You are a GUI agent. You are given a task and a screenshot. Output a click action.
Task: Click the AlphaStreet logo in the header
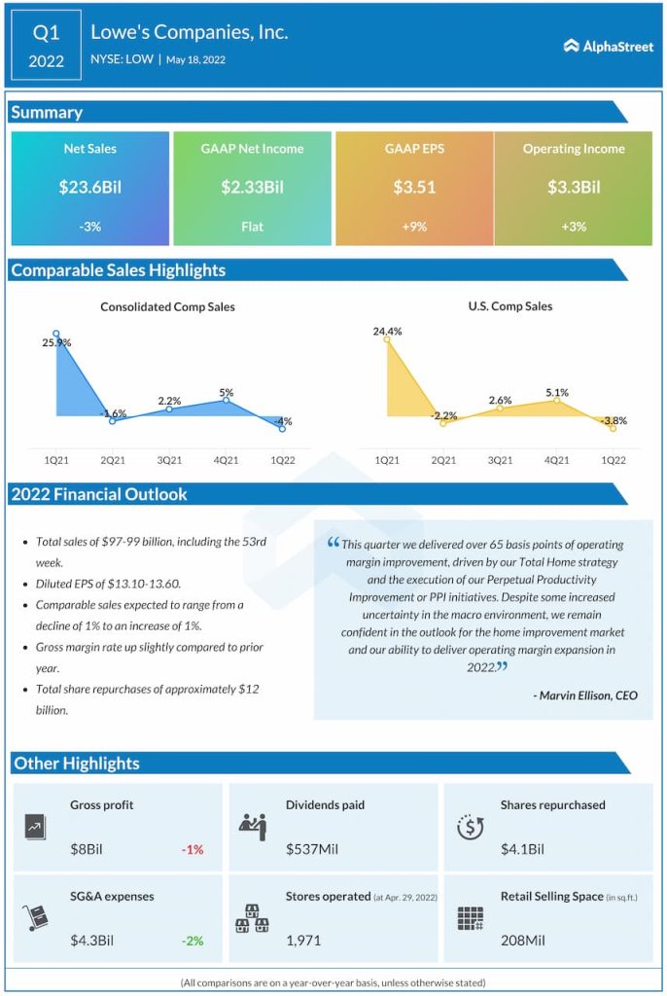(609, 46)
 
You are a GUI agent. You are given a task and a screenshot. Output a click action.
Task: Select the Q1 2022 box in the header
(46, 46)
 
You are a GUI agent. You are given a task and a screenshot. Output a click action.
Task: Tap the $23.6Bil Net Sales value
(89, 188)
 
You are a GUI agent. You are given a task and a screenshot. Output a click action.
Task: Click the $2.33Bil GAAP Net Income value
(252, 188)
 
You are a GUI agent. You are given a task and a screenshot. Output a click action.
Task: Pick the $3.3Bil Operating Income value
(574, 188)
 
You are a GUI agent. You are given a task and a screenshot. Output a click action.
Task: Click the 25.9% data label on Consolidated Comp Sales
(55, 343)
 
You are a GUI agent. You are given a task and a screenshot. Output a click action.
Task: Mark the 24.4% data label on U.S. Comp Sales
(387, 332)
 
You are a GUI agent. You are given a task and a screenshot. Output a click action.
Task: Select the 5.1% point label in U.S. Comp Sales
(556, 394)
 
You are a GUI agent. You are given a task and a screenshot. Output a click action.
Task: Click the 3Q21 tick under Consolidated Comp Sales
(169, 459)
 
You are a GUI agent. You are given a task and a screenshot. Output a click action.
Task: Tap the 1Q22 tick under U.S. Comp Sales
(614, 459)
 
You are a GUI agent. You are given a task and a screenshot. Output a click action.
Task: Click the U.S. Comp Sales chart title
(509, 306)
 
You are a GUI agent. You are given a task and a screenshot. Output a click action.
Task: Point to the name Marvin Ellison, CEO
(585, 695)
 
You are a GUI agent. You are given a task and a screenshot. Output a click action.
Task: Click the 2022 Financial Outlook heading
(99, 494)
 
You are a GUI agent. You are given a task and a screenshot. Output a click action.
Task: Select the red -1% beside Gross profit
(193, 849)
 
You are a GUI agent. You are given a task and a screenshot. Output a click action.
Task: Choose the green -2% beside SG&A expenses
(193, 941)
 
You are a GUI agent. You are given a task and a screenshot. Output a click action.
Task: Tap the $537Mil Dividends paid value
(312, 849)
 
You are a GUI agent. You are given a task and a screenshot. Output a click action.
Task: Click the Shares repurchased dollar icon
(471, 827)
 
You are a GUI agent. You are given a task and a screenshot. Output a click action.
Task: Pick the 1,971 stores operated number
(304, 941)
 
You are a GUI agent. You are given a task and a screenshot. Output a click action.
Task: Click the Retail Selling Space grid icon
(471, 918)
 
